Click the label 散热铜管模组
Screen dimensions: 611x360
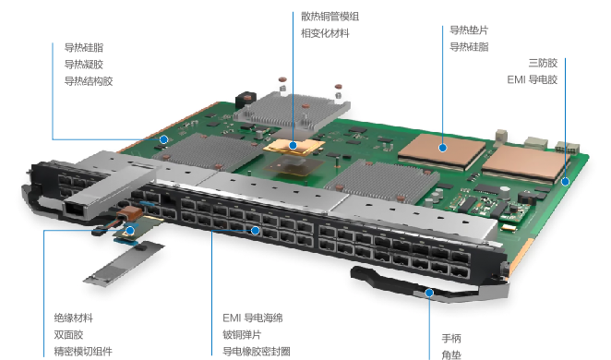[329, 17]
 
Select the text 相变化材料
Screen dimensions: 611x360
[325, 33]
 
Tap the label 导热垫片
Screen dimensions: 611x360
[469, 30]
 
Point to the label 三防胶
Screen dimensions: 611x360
[543, 63]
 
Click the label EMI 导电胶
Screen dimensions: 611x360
[533, 79]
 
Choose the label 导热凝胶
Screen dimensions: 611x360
[84, 65]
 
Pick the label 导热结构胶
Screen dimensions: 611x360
[89, 81]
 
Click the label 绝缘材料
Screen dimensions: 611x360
[74, 318]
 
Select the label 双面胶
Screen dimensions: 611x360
[68, 335]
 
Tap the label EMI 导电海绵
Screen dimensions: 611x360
[253, 318]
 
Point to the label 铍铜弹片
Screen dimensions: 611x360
[242, 335]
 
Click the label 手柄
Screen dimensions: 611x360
[451, 338]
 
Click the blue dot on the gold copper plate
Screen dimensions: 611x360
[293, 146]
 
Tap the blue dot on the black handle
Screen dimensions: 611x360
[429, 293]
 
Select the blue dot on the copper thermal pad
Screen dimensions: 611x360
[442, 148]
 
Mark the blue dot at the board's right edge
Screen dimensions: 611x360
[566, 181]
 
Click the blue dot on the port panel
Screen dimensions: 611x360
[256, 231]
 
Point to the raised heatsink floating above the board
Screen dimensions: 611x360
[292, 111]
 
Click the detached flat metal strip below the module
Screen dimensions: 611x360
[124, 264]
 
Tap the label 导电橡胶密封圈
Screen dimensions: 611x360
[257, 352]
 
